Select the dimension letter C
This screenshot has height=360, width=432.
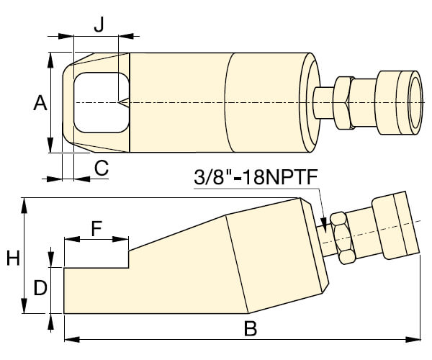[x=101, y=168]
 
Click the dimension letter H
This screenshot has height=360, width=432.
[x=13, y=257]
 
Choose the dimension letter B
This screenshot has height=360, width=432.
[x=250, y=329]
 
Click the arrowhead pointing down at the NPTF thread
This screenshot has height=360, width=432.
[x=325, y=225]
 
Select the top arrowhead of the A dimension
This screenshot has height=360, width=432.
[x=50, y=58]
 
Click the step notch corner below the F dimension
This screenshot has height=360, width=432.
[x=129, y=267]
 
